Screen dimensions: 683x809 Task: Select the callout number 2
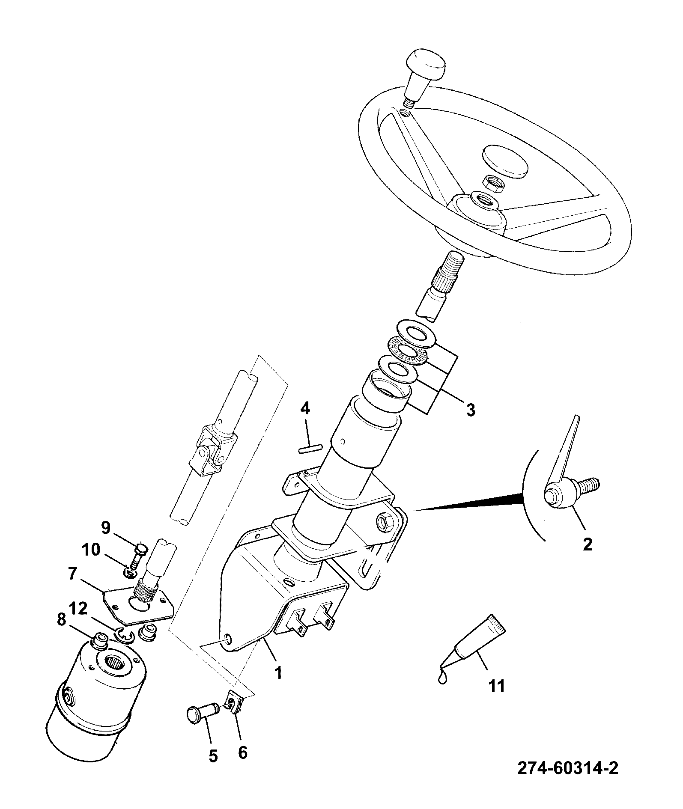point(588,544)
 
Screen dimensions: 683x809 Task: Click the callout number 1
point(278,673)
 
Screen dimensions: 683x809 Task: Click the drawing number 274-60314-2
point(568,768)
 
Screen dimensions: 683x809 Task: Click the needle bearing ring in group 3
point(408,352)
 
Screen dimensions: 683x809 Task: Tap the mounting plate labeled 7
point(139,604)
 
